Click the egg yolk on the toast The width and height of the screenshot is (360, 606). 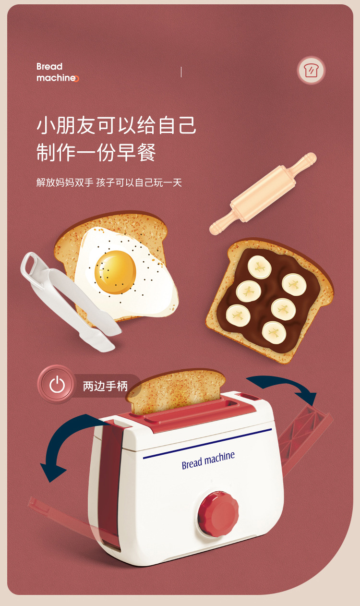tap(115, 271)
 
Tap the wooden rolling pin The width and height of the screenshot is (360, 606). tap(263, 194)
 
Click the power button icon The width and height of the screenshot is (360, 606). tap(57, 385)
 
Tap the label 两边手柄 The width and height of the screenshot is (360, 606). tap(105, 386)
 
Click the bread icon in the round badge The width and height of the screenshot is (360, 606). tap(311, 71)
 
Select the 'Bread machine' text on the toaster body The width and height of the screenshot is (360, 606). tap(208, 460)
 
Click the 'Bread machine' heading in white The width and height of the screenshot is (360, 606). tap(56, 72)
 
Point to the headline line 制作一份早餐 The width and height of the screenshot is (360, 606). tap(96, 152)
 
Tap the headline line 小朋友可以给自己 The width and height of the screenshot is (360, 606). tap(117, 125)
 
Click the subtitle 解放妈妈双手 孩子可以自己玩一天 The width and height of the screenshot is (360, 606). tap(109, 183)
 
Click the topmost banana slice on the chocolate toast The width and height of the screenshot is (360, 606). tap(259, 267)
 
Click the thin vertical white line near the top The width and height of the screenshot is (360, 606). tap(181, 72)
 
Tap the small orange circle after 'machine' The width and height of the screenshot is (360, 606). tap(76, 79)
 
